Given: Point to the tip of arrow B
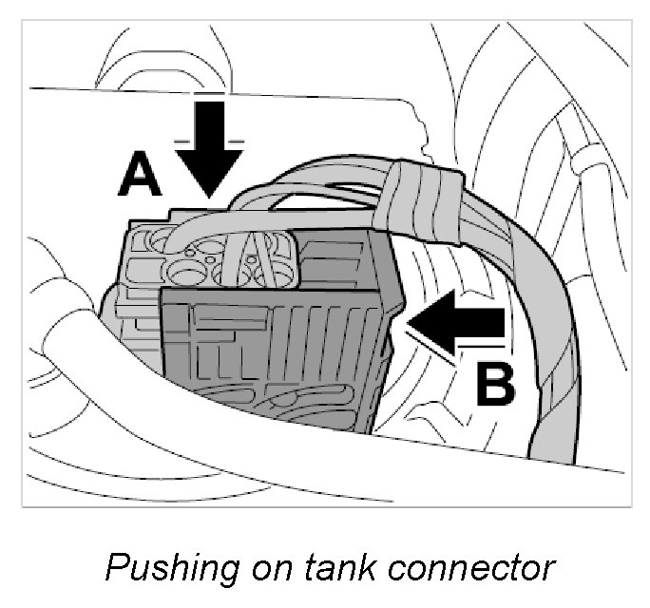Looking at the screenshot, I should pos(409,323).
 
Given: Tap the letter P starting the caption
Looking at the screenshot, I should pos(116,567).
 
